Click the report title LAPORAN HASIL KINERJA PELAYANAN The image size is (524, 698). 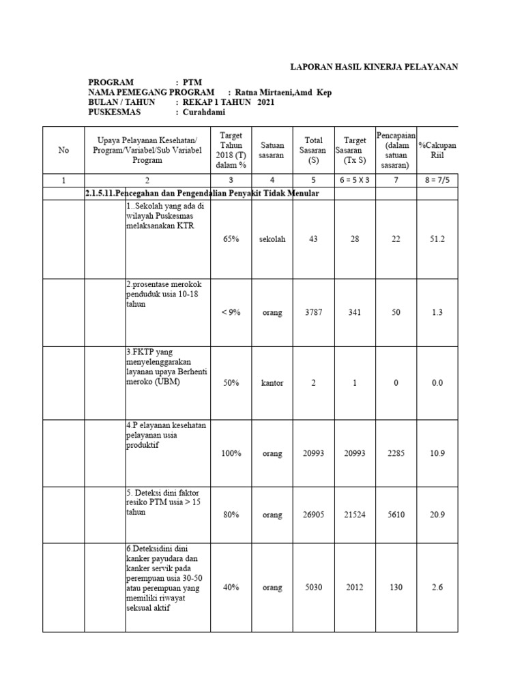click(x=374, y=66)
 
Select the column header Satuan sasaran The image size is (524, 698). click(x=272, y=150)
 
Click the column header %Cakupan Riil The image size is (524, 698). click(x=437, y=150)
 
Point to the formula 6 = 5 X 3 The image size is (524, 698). click(x=355, y=180)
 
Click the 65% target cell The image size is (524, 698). click(x=231, y=239)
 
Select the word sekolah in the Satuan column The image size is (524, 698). click(x=272, y=239)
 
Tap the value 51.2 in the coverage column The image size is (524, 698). click(x=437, y=239)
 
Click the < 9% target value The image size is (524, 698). click(x=231, y=312)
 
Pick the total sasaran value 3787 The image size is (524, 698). click(x=314, y=312)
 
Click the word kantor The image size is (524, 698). click(x=272, y=383)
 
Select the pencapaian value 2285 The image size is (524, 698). click(x=396, y=453)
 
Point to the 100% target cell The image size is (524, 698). click(x=231, y=453)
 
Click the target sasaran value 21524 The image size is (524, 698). click(x=355, y=515)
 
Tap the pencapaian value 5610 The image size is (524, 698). click(x=396, y=515)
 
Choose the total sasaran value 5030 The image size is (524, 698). click(x=314, y=588)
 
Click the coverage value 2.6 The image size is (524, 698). click(x=437, y=588)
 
